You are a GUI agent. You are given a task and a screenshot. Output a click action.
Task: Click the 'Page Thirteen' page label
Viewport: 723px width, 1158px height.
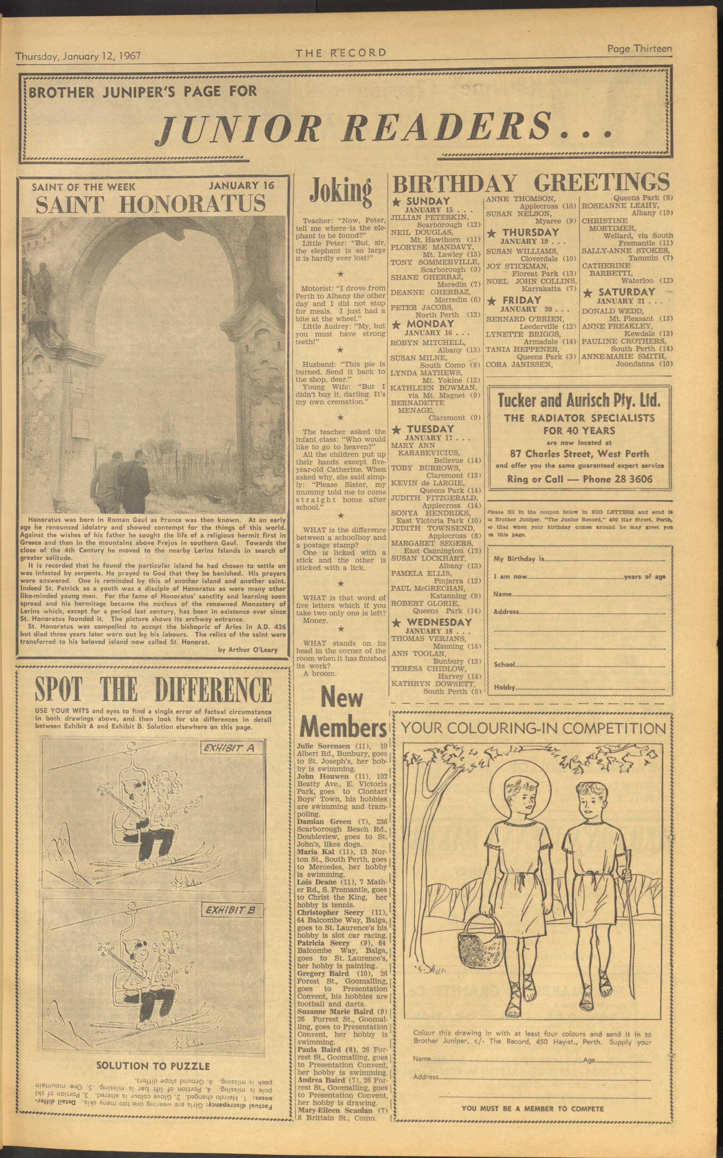pos(639,48)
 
